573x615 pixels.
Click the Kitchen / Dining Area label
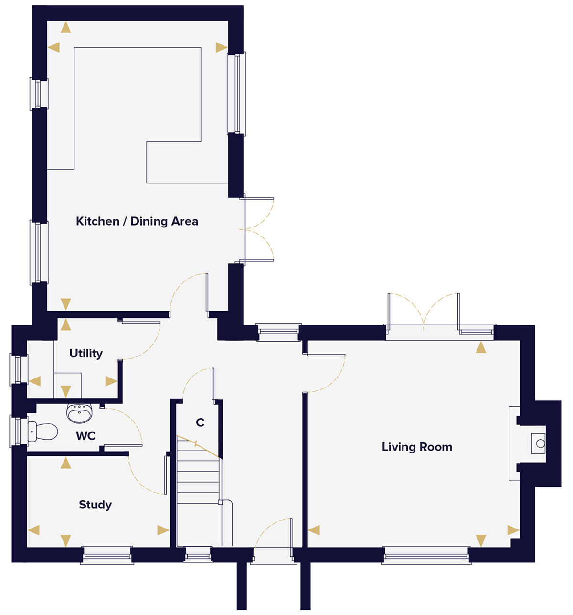pyautogui.click(x=137, y=221)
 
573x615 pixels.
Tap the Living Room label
pyautogui.click(x=417, y=447)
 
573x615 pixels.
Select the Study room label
pyautogui.click(x=95, y=505)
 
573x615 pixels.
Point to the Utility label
pyautogui.click(x=86, y=354)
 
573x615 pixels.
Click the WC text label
pyautogui.click(x=86, y=436)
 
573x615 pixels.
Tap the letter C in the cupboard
pyautogui.click(x=200, y=422)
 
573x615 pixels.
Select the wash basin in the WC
pyautogui.click(x=79, y=413)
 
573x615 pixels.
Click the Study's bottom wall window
pyautogui.click(x=106, y=555)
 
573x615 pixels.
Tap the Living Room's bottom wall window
pyautogui.click(x=426, y=556)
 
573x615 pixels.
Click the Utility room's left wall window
pyautogui.click(x=18, y=369)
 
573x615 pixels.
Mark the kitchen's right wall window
pyautogui.click(x=236, y=93)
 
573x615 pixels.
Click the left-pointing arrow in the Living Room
pyautogui.click(x=314, y=530)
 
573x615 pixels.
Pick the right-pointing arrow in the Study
pyautogui.click(x=163, y=530)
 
